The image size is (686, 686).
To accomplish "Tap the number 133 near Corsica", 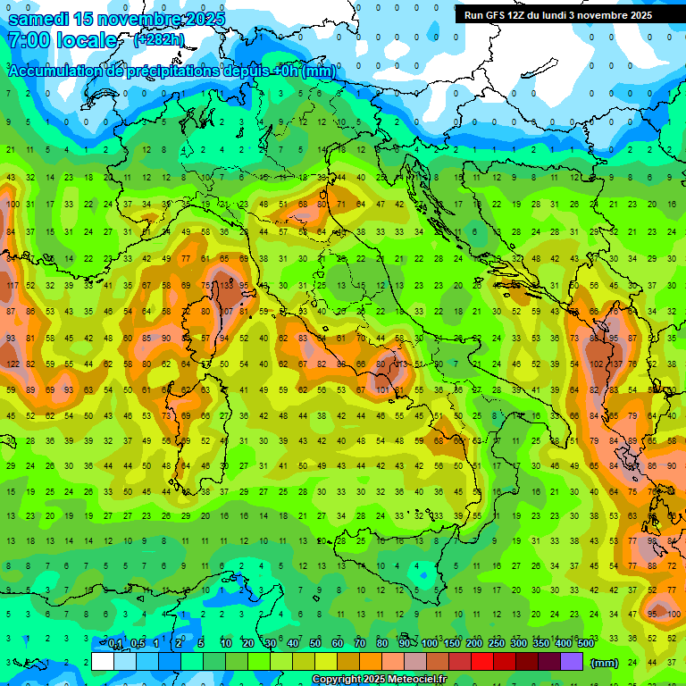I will [227, 286].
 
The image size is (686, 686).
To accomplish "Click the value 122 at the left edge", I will [13, 364].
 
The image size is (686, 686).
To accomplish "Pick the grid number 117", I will [13, 286].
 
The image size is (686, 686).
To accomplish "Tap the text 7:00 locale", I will [63, 40].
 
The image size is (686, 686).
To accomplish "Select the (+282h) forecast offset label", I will [159, 40].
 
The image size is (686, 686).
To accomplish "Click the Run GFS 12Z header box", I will [558, 15].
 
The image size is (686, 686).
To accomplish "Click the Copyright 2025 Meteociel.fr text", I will [379, 680].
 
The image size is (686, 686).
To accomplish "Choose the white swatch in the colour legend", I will [103, 662].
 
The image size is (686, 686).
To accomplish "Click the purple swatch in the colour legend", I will [572, 662].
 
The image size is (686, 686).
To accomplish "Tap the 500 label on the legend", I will [585, 644].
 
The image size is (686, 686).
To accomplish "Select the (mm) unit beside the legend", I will [605, 663].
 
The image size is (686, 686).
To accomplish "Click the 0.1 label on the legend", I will [115, 644].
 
